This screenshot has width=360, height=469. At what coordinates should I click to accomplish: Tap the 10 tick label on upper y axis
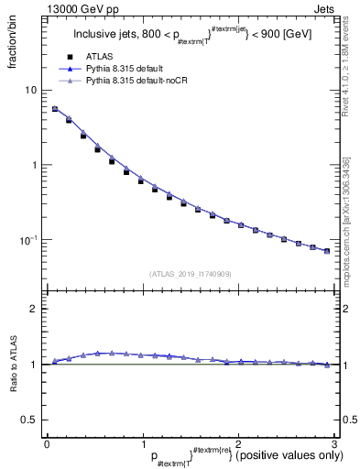point(30,90)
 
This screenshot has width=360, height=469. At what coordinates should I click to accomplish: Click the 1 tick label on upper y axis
point(34,165)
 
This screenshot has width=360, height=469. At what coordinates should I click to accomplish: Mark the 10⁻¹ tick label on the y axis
point(28,240)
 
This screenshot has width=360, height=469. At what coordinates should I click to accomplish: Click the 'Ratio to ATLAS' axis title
point(14,391)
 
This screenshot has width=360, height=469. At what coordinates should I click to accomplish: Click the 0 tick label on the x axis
point(47,444)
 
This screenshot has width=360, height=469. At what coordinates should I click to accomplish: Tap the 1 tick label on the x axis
point(142,444)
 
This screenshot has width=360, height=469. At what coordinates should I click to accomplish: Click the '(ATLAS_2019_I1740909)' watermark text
point(190,273)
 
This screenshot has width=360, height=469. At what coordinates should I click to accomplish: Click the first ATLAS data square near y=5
point(55,109)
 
